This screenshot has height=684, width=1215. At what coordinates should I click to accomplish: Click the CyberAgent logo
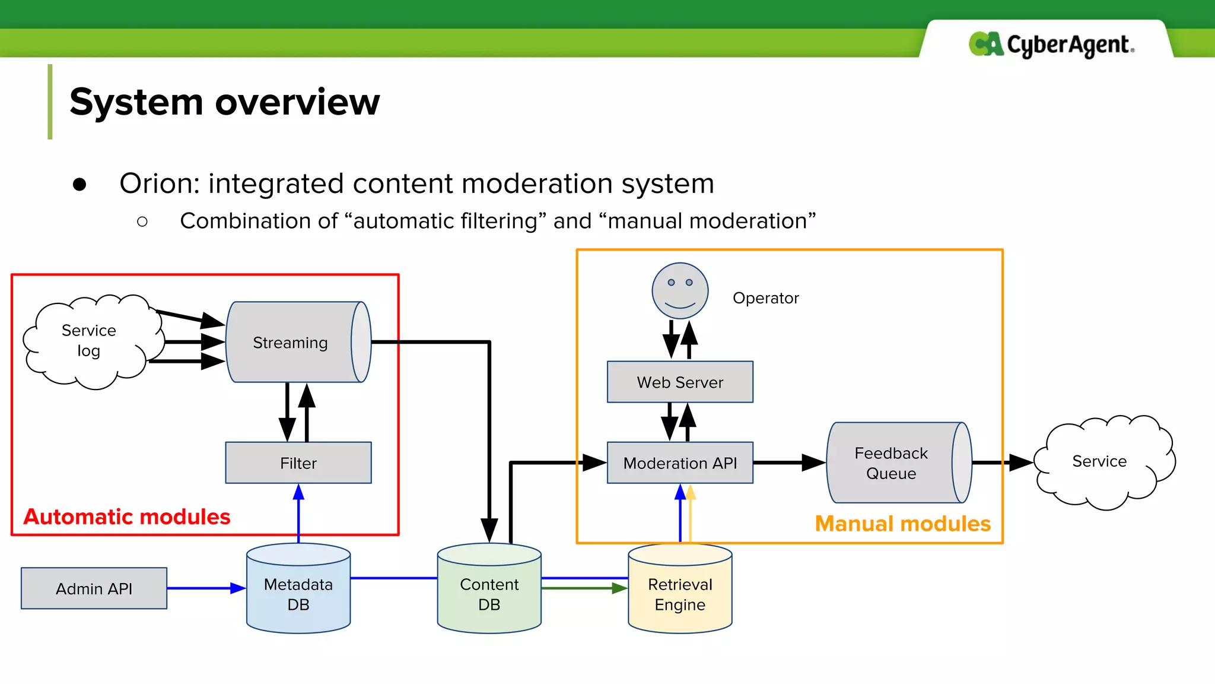1051,45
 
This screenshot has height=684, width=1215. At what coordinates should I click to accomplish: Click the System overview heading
224,102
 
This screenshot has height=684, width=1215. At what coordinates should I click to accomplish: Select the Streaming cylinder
291,343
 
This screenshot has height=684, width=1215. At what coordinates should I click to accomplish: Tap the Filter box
298,463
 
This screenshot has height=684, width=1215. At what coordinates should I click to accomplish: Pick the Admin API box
94,588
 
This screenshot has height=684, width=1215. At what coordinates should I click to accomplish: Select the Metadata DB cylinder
298,594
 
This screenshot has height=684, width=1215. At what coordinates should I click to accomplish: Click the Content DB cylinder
489,594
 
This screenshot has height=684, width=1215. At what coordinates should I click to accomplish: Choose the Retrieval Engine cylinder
680,594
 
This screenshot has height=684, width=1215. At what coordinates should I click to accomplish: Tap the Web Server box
680,382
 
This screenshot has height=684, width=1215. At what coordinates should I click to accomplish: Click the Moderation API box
680,463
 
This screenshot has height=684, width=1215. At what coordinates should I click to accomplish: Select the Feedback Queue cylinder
891,463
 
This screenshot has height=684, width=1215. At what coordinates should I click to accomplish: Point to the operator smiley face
680,291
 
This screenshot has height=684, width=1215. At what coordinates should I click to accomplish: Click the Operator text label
765,298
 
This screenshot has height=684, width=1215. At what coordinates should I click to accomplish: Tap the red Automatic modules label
126,517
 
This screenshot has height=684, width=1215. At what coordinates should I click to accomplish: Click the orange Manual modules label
902,524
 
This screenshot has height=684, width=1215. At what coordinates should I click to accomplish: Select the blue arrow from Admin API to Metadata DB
205,588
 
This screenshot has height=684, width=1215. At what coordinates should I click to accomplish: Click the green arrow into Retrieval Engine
584,588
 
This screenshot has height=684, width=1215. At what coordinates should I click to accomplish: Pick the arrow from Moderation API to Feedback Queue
789,463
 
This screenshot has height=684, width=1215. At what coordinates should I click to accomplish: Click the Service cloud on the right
1099,461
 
